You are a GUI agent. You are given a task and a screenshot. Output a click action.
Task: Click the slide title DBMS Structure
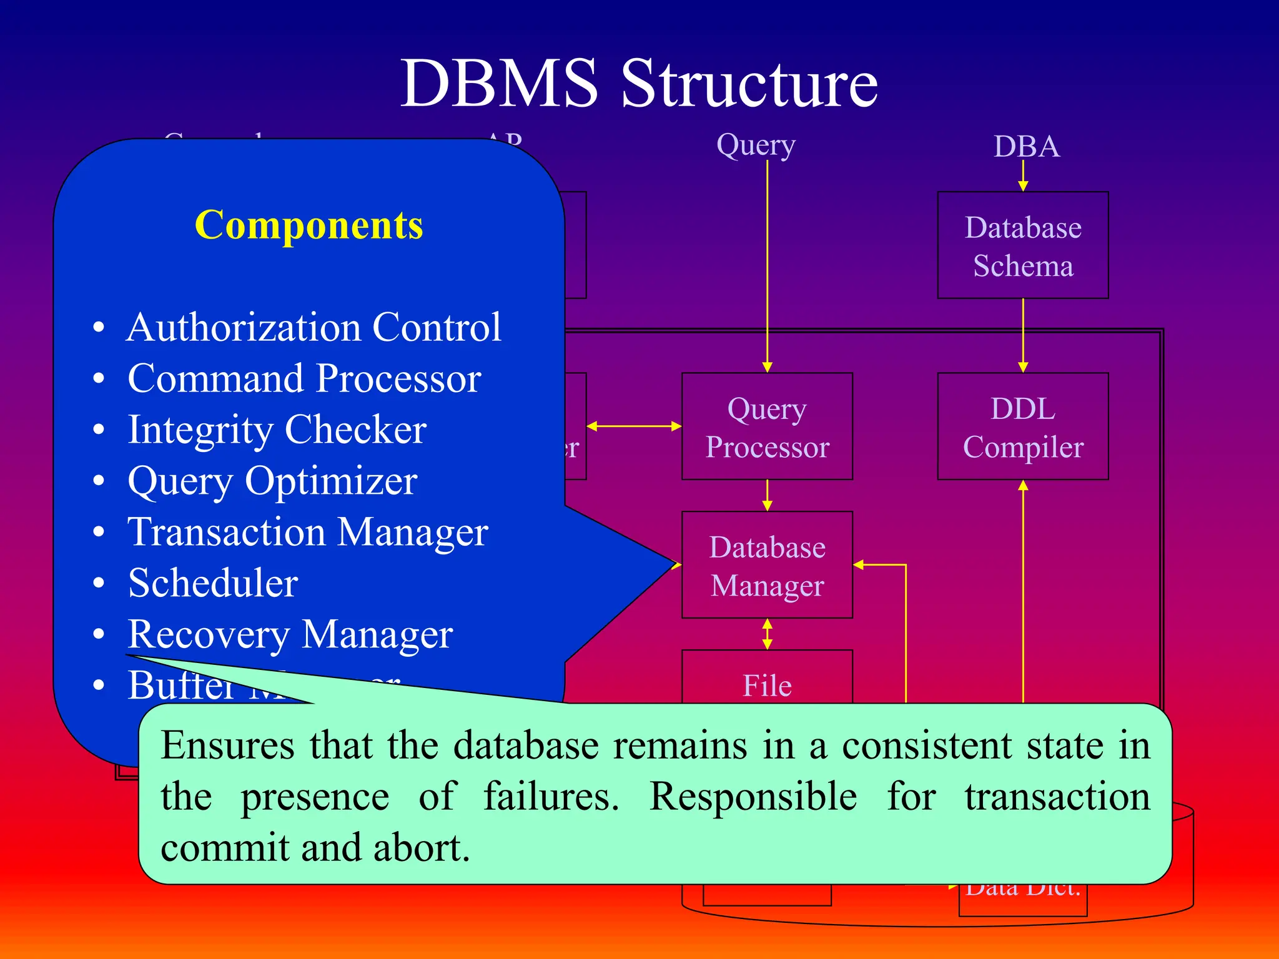pos(639,83)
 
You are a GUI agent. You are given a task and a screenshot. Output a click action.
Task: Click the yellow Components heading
pos(309,225)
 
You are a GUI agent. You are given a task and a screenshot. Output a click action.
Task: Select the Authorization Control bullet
pos(314,327)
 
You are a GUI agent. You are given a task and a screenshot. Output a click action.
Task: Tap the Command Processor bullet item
pos(304,378)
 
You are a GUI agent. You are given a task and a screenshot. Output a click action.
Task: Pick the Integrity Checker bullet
pos(277,430)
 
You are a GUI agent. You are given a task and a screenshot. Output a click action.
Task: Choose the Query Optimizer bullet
pos(272,481)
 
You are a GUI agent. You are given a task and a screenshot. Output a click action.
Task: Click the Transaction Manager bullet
pos(307,532)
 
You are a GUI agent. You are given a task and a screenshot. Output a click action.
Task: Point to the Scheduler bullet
pos(212,583)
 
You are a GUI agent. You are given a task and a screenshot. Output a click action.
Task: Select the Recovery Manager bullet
pos(290,634)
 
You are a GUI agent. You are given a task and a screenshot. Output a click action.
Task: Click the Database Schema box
pos(1022,245)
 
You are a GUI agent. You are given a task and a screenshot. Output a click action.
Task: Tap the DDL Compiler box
pos(1022,427)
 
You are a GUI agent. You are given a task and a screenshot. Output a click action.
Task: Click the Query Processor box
pos(767,427)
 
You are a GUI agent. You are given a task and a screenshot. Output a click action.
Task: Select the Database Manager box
pos(767,566)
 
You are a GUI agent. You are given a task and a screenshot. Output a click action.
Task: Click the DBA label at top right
pos(1026,147)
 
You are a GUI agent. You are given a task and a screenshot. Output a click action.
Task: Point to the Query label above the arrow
pos(756,145)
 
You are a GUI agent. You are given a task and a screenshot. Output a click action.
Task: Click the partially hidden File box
pos(767,681)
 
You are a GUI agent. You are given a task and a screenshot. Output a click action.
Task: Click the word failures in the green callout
pos(551,797)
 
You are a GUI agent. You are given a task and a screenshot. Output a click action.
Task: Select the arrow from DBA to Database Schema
pos(1023,175)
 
